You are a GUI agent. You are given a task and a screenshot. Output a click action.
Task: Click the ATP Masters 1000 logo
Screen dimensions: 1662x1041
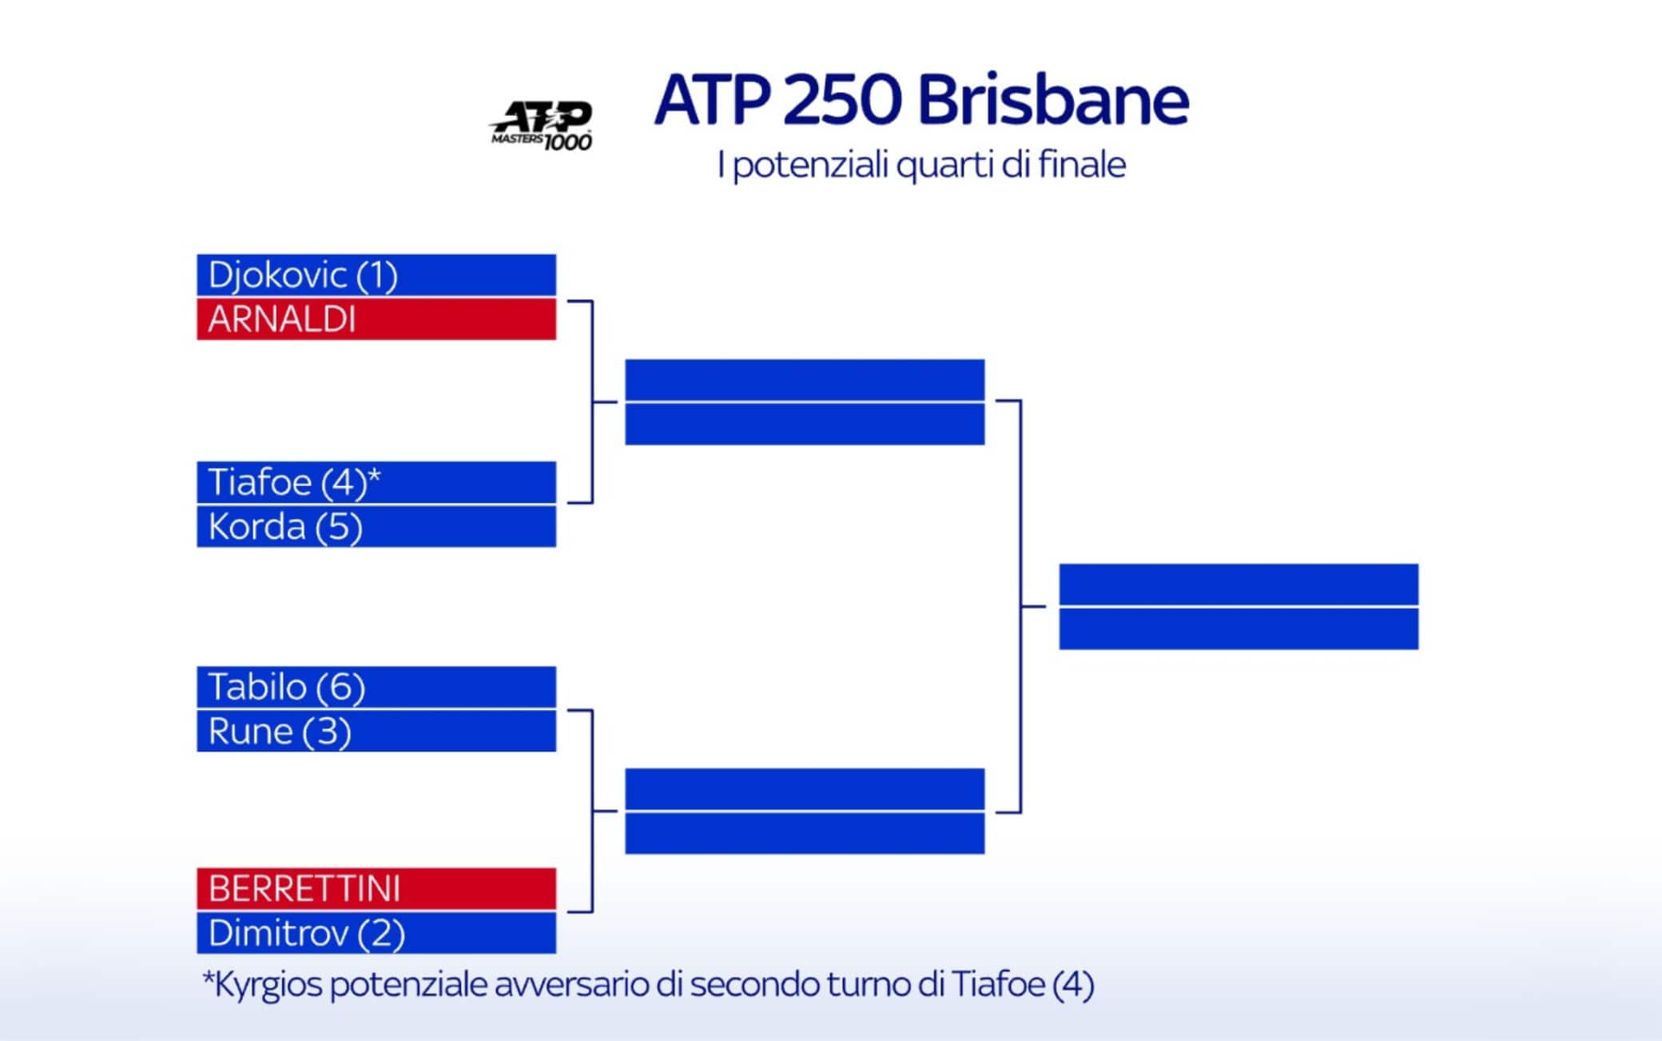(x=541, y=126)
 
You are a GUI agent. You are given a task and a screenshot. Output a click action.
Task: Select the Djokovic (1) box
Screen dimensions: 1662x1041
(x=376, y=275)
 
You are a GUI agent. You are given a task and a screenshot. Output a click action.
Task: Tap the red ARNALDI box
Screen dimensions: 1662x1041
(x=376, y=319)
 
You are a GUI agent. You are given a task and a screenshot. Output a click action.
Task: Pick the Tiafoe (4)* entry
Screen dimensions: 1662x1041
(x=376, y=482)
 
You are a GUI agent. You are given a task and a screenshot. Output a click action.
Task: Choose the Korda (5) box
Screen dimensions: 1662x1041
(x=376, y=526)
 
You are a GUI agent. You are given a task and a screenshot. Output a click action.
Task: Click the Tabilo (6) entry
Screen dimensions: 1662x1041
(x=376, y=687)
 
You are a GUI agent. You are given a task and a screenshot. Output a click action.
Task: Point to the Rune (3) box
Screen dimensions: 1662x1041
(x=376, y=731)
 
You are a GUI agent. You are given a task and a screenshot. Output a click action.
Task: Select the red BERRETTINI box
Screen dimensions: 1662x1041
(x=376, y=888)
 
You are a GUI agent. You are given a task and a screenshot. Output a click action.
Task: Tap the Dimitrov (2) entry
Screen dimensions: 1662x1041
(x=376, y=932)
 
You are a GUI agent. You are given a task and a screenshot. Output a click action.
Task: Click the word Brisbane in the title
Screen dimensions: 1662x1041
(x=1053, y=100)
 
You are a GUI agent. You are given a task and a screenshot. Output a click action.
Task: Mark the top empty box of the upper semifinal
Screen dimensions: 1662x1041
(x=805, y=380)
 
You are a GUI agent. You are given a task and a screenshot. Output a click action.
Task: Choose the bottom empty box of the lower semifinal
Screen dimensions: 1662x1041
(x=805, y=833)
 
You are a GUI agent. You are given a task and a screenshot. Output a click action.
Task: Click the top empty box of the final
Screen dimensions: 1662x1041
(x=1239, y=584)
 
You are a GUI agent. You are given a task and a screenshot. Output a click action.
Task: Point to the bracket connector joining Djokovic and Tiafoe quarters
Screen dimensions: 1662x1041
(x=592, y=401)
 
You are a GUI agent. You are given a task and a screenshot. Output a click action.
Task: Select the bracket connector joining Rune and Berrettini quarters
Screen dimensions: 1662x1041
(x=592, y=811)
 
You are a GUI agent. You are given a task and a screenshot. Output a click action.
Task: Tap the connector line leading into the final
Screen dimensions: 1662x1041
(x=1020, y=606)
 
